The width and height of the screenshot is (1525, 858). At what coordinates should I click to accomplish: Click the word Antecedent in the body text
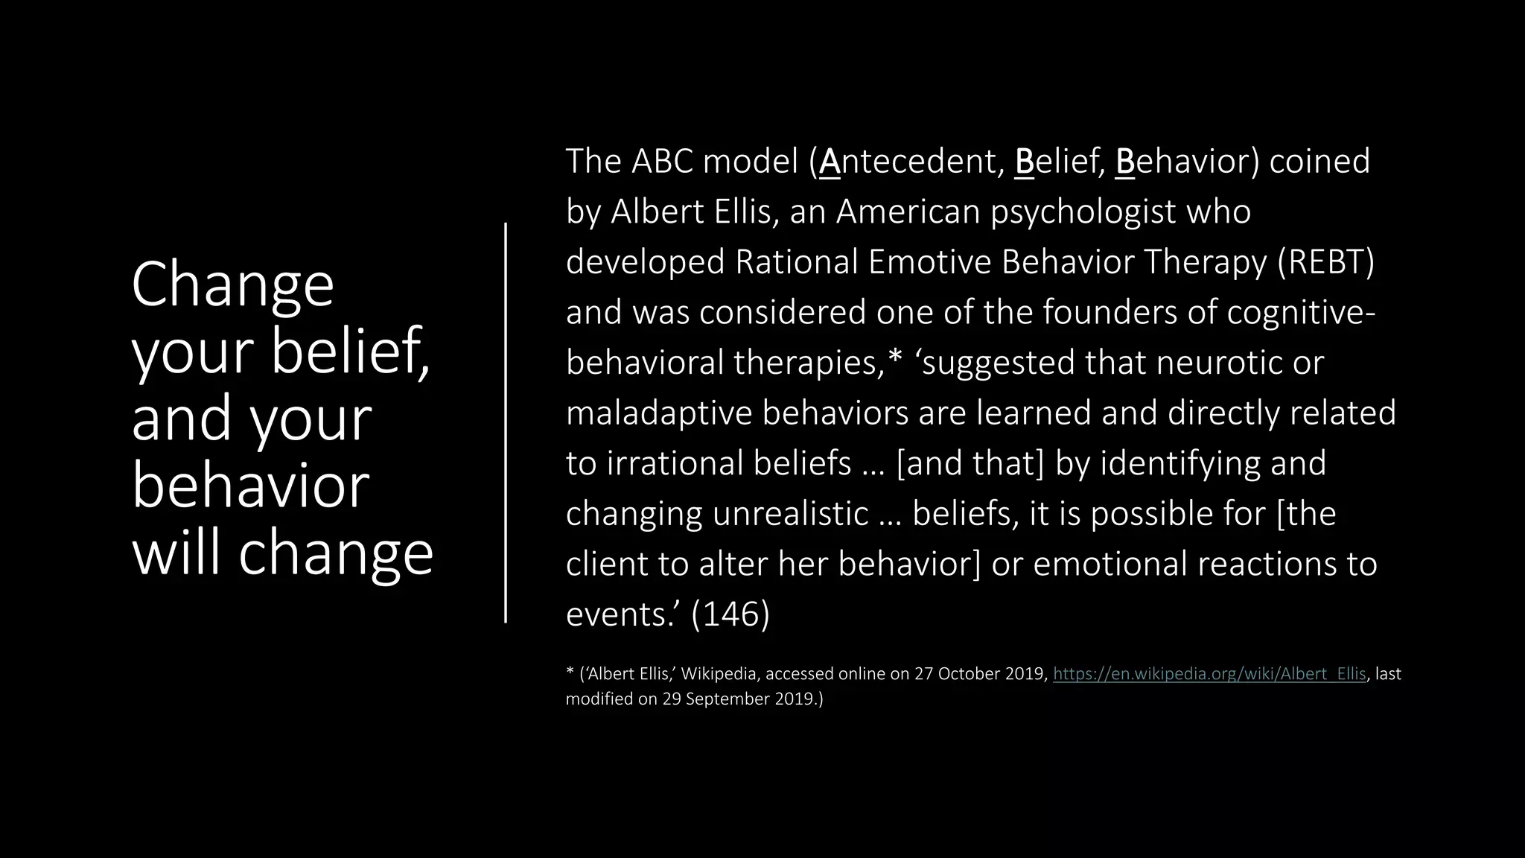point(911,162)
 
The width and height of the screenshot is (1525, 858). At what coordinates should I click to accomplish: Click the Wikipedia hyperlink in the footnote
point(1209,674)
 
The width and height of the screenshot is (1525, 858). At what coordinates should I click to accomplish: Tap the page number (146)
point(730,614)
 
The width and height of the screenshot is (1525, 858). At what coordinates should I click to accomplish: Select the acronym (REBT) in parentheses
point(1325,262)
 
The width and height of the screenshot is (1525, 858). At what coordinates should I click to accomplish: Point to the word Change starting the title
point(232,285)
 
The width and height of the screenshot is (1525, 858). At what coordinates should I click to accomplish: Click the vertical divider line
point(506,422)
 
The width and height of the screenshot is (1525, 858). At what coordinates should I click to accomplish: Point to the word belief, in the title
point(350,352)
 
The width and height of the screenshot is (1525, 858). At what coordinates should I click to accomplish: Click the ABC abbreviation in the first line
point(662,162)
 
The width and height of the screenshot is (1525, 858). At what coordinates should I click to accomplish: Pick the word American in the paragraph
point(908,212)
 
